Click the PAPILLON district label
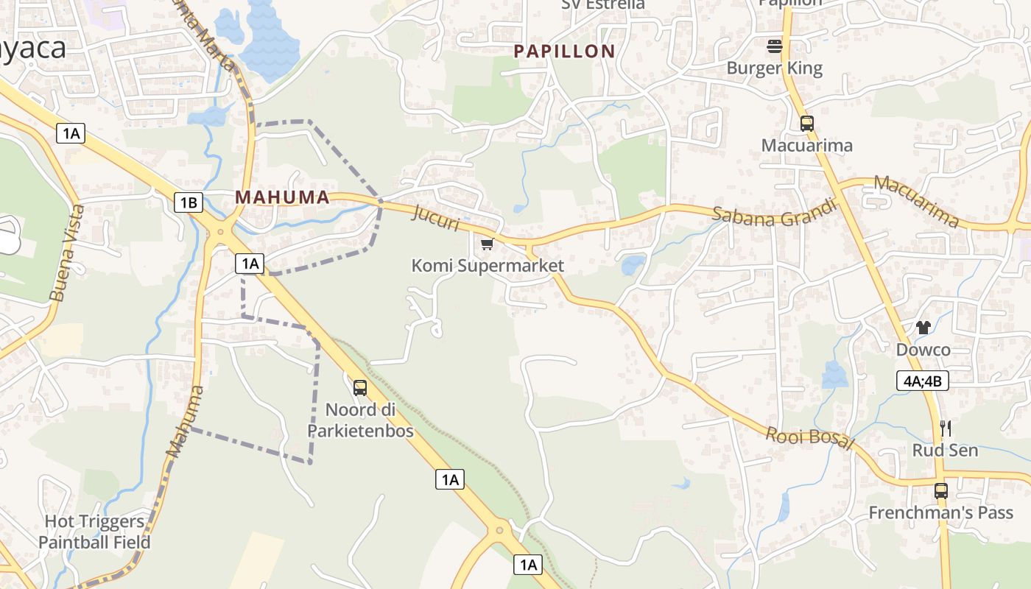pyautogui.click(x=564, y=51)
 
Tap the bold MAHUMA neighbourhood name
pyautogui.click(x=282, y=197)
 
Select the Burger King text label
pyautogui.click(x=774, y=68)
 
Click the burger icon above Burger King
pyautogui.click(x=774, y=46)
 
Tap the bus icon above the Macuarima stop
pyautogui.click(x=807, y=123)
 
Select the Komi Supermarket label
pyautogui.click(x=488, y=266)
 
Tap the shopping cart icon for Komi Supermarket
pyautogui.click(x=486, y=244)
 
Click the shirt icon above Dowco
pyautogui.click(x=923, y=328)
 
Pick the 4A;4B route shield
pyautogui.click(x=922, y=381)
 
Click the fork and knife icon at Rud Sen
pyautogui.click(x=946, y=428)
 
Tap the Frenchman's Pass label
pyautogui.click(x=940, y=512)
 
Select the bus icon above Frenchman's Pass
pyautogui.click(x=941, y=490)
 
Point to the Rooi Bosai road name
pyautogui.click(x=809, y=438)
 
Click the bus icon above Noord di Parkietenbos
pyautogui.click(x=360, y=387)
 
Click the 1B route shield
pyautogui.click(x=189, y=202)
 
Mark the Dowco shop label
pyautogui.click(x=923, y=350)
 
